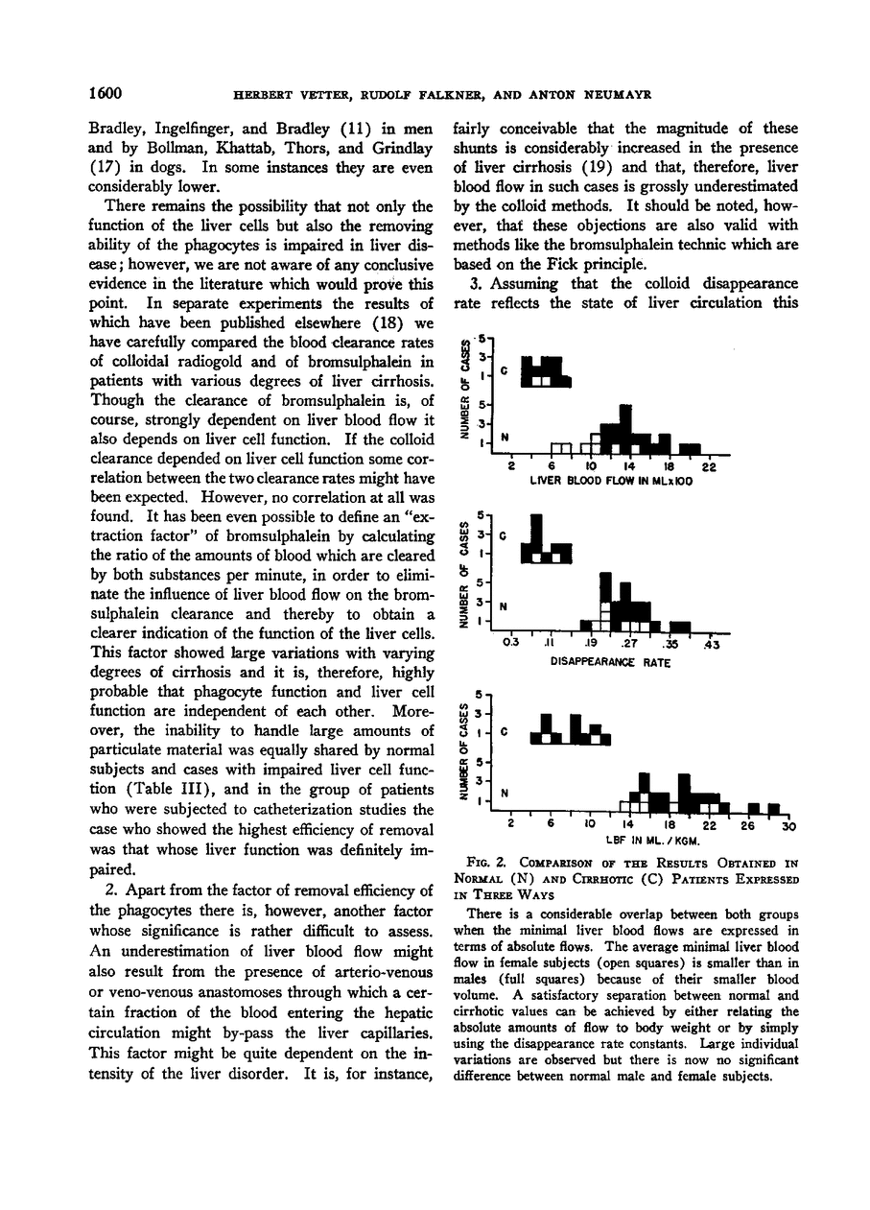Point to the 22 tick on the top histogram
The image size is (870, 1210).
(x=710, y=467)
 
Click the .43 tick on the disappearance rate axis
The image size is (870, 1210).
(x=711, y=645)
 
